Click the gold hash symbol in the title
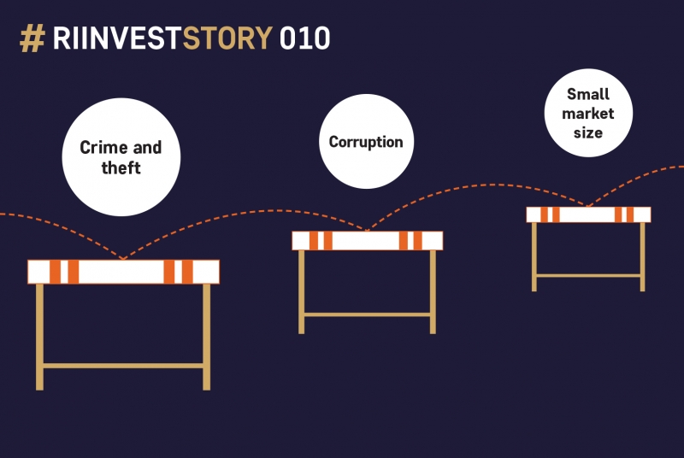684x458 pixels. pos(32,38)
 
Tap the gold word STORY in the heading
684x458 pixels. pos(227,38)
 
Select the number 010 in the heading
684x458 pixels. pos(304,38)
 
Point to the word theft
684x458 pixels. pos(121,167)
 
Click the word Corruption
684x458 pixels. pos(366,142)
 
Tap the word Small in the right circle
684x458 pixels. pos(588,94)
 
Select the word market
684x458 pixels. pos(588,114)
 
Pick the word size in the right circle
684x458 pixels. pos(588,132)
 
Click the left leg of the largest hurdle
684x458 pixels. pos(39,337)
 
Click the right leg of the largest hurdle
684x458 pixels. pos(207,337)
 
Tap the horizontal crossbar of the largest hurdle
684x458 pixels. pos(123,366)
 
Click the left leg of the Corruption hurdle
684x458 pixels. pos(302,292)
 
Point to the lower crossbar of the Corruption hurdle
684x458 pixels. pos(367,314)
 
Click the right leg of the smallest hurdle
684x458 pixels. pos(643,257)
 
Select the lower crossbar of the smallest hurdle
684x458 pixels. pos(588,275)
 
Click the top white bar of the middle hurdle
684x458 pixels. pos(368,241)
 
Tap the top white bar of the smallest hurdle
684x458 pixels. pos(588,214)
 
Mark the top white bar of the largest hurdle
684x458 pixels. pos(123,272)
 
